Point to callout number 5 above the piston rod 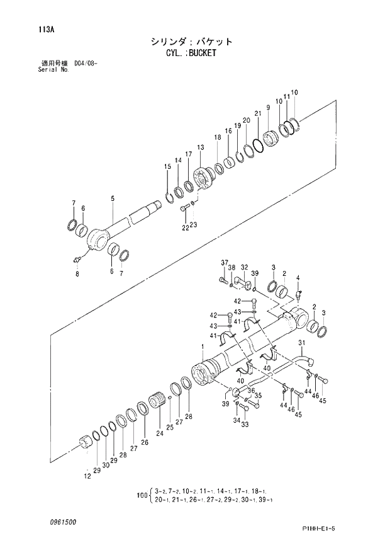[x=113, y=199]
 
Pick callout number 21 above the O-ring [x=257, y=113]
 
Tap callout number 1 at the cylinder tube [x=202, y=347]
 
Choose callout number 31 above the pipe [x=301, y=343]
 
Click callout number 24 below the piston [x=160, y=433]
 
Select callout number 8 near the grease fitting [x=77, y=274]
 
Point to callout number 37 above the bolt [x=223, y=262]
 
